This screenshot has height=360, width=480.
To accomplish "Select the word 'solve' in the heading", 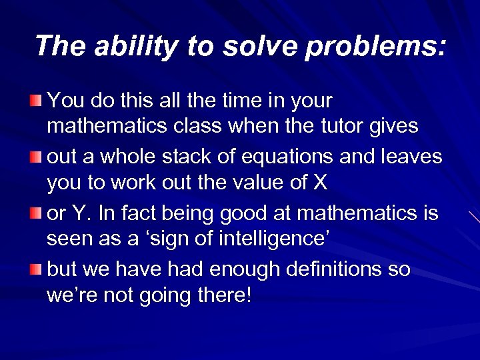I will click(x=239, y=46).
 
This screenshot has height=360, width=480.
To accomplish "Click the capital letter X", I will click(x=319, y=181).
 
